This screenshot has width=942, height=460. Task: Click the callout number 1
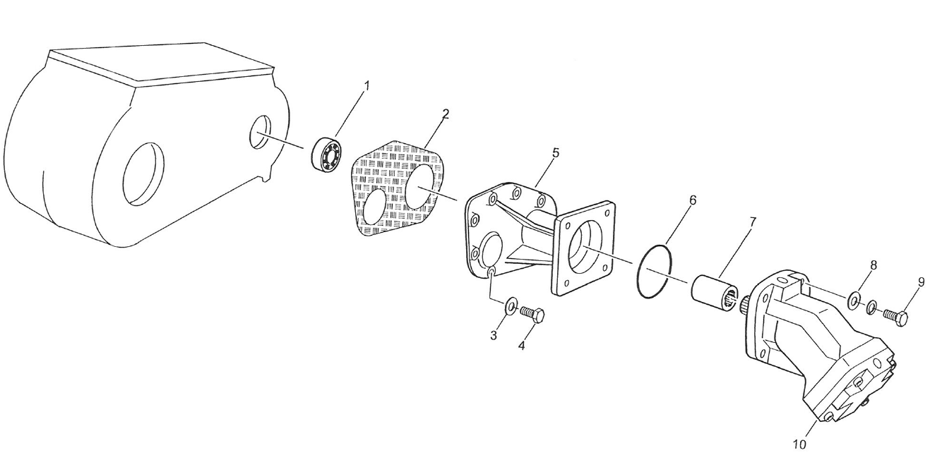[x=366, y=85]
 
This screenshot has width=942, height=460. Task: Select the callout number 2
[x=446, y=114]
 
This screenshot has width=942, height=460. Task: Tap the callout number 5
[x=556, y=152]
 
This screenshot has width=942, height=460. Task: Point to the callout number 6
[x=693, y=200]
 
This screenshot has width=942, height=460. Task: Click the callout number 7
[x=752, y=222]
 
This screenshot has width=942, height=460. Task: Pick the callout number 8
[x=874, y=265]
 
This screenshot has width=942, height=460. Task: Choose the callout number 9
[x=921, y=282]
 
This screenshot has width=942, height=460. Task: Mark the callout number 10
[x=799, y=444]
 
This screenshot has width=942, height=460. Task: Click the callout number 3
[x=494, y=335]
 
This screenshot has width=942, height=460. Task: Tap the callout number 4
[x=522, y=346]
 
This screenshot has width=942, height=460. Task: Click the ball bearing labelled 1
[x=327, y=155]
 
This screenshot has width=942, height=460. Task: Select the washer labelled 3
[x=510, y=308]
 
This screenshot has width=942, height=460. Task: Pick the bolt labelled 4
[x=532, y=313]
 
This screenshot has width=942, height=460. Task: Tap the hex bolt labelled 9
[x=895, y=315]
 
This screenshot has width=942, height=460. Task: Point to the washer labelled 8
[x=854, y=301]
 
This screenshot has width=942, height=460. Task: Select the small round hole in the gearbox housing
[x=260, y=132]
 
